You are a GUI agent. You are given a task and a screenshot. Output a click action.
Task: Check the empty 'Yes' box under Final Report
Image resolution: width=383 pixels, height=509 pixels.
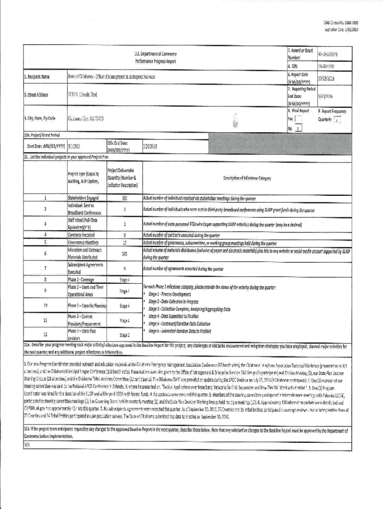(298, 119)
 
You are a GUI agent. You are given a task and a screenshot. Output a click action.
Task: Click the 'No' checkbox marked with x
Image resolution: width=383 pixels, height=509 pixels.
(298, 128)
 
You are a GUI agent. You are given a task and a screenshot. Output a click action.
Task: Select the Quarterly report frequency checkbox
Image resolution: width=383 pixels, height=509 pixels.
(337, 120)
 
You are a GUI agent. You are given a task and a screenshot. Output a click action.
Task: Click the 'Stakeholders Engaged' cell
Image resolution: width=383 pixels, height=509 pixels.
(83, 198)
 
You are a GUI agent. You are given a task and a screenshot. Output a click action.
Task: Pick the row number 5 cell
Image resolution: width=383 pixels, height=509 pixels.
(45, 243)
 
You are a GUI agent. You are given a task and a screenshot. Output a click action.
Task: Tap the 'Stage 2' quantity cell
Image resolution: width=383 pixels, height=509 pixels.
(125, 336)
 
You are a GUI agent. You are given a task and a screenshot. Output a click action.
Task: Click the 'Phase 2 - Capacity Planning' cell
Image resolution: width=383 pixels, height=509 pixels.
(87, 305)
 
